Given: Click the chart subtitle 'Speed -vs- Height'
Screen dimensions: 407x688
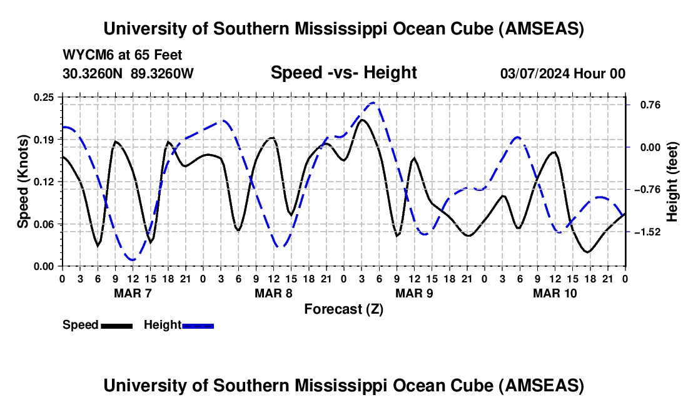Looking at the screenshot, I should pyautogui.click(x=343, y=73).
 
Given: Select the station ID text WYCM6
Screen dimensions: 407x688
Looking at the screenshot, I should pyautogui.click(x=84, y=55).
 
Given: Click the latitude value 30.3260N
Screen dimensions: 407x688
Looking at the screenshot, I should pyautogui.click(x=93, y=74).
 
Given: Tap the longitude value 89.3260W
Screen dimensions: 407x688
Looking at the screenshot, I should pyautogui.click(x=162, y=74).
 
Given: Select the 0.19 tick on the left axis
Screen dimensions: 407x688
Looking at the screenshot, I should pyautogui.click(x=43, y=139).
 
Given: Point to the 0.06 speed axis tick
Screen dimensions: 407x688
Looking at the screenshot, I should pyautogui.click(x=43, y=224).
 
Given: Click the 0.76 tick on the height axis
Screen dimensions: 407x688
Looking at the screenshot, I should pyautogui.click(x=645, y=105).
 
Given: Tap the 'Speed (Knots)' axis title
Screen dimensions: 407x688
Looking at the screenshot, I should pyautogui.click(x=23, y=182).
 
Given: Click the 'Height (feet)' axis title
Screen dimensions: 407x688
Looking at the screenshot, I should pyautogui.click(x=672, y=182).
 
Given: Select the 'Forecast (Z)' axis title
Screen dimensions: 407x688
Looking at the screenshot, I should pyautogui.click(x=343, y=309).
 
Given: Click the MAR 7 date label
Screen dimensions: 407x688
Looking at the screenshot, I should pyautogui.click(x=132, y=293).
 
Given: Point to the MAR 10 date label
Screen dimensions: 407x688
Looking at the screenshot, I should pyautogui.click(x=555, y=293).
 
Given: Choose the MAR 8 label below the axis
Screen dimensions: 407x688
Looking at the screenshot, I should pyautogui.click(x=273, y=293).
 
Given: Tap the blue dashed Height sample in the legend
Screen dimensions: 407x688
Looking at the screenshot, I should pyautogui.click(x=198, y=326).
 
